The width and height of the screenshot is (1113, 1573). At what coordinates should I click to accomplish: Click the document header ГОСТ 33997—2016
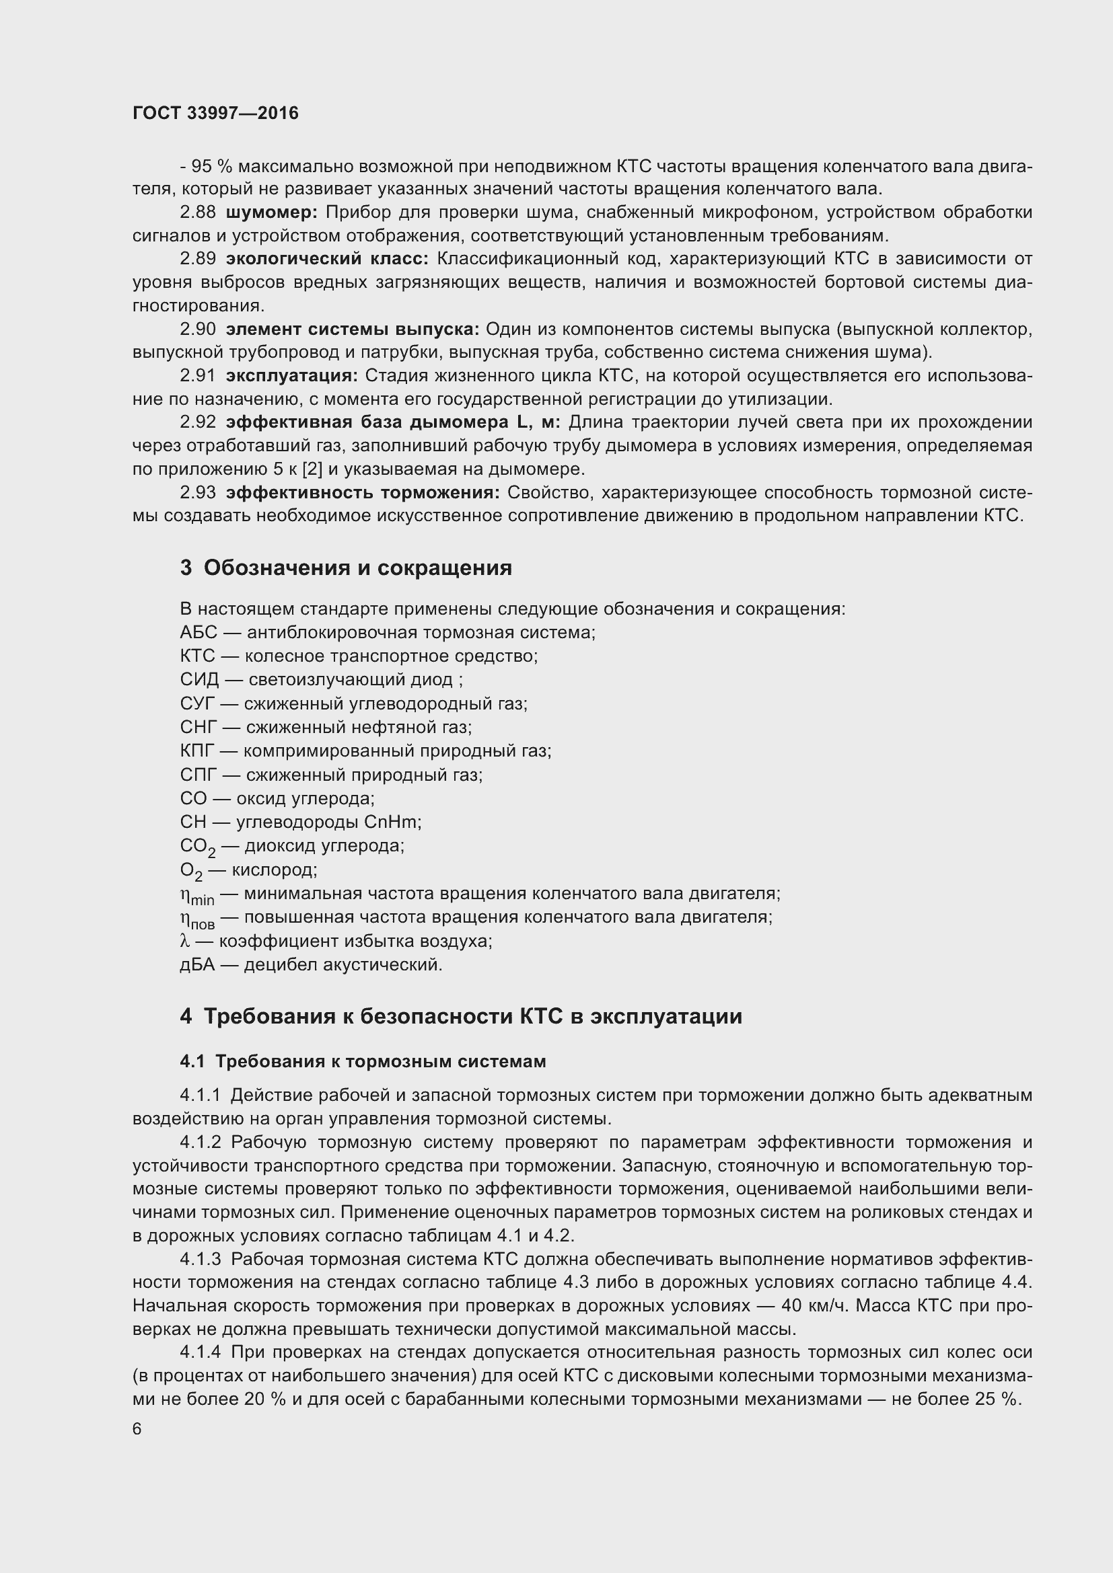pos(215,113)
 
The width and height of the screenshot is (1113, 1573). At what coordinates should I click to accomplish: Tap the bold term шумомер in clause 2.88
pos(271,213)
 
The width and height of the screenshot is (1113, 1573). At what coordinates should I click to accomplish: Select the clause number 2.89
pos(198,259)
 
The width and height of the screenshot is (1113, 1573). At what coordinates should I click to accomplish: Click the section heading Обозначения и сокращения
pos(357,568)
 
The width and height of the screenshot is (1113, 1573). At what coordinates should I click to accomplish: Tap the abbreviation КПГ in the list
pos(198,751)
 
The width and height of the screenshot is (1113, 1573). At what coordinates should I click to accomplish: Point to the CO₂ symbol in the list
pos(197,847)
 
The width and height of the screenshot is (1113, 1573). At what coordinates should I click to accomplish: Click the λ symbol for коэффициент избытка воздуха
pos(184,941)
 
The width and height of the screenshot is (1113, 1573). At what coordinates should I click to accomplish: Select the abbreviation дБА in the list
pos(197,964)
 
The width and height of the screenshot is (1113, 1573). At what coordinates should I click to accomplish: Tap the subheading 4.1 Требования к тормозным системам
pos(363,1061)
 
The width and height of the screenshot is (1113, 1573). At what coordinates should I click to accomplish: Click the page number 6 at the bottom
pos(137,1428)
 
